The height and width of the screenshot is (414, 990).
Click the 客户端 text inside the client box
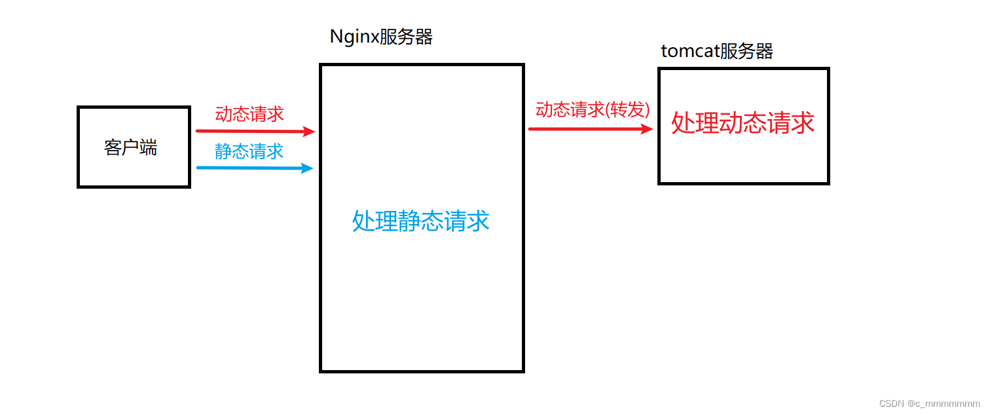[130, 147]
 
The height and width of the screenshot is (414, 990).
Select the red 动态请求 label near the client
[249, 114]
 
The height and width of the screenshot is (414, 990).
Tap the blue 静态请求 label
[249, 151]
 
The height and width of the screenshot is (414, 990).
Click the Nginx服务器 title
[381, 37]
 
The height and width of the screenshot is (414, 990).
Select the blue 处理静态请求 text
[421, 221]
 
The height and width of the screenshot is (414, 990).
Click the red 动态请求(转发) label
[593, 110]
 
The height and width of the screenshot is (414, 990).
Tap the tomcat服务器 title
[717, 51]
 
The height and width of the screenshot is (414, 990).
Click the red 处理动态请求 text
[743, 123]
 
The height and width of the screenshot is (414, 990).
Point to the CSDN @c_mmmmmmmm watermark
[929, 403]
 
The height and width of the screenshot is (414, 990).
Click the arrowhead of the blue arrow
[307, 168]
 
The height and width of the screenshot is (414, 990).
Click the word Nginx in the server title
[354, 37]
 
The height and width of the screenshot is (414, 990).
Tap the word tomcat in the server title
[689, 52]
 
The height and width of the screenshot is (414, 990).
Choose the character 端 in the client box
[149, 147]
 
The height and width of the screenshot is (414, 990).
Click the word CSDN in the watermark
[891, 403]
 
